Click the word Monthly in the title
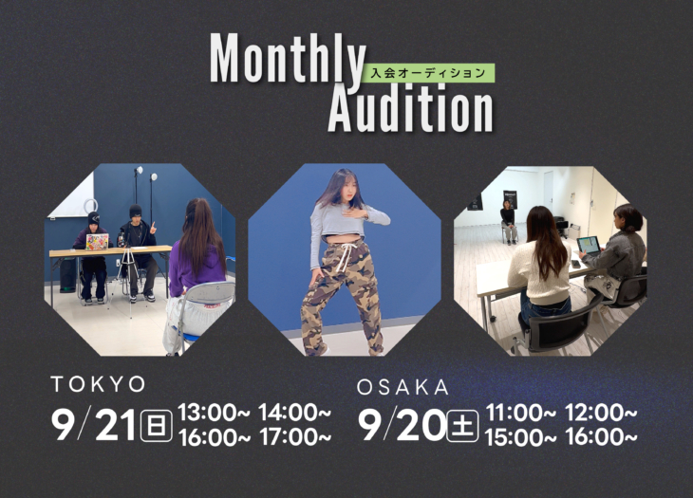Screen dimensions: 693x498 click(288, 59)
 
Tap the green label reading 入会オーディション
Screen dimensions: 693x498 click(428, 73)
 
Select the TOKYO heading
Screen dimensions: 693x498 click(98, 384)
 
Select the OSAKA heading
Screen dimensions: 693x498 click(403, 388)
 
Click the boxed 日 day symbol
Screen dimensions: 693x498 click(156, 425)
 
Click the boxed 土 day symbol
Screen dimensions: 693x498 click(462, 426)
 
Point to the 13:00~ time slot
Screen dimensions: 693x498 click(214, 413)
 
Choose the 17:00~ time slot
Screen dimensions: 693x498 click(295, 437)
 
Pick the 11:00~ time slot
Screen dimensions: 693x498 click(521, 413)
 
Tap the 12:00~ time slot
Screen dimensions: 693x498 click(602, 413)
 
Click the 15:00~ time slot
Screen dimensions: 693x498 click(521, 437)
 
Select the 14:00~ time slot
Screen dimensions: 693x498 click(295, 413)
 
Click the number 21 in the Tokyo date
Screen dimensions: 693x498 click(115, 425)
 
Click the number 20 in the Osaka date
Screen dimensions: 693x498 click(421, 425)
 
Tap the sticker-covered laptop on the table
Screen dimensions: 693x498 click(97, 242)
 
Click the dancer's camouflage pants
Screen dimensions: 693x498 click(340, 295)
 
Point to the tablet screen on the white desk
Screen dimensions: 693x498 click(589, 246)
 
